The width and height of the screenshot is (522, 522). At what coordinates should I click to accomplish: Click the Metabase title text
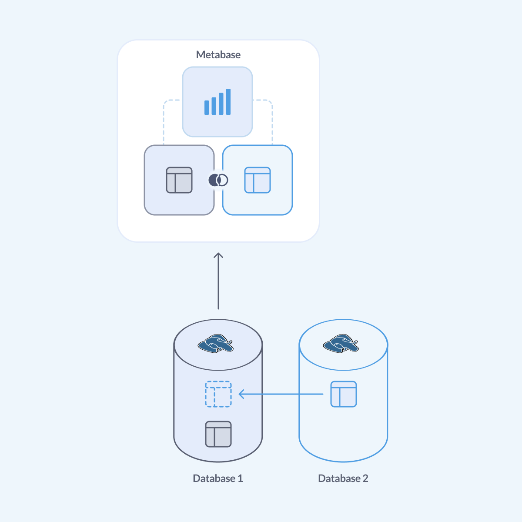coord(218,55)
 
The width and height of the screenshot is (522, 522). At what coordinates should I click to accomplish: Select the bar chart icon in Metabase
coord(217,102)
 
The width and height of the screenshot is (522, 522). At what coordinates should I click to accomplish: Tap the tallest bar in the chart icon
coord(228,102)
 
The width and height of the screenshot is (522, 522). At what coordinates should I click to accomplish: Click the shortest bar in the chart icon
coord(207,107)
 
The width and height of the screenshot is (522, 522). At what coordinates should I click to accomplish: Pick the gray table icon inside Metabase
coord(179,180)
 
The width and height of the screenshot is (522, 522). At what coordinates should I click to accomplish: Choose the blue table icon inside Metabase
coord(258,180)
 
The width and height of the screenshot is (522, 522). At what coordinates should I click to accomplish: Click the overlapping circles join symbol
coord(218,180)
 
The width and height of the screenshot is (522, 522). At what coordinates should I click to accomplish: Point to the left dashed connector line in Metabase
coord(164,122)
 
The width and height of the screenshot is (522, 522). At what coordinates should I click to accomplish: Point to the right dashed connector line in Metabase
coord(272,122)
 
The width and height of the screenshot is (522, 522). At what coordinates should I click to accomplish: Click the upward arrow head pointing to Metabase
coord(218,255)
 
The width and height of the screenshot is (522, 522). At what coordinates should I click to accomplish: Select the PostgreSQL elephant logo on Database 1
coord(215,343)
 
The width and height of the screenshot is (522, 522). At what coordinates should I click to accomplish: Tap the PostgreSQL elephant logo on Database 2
coord(341,343)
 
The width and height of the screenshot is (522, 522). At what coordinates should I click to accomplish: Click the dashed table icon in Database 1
coord(218,394)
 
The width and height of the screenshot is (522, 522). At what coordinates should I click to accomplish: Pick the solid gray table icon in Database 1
coord(218,434)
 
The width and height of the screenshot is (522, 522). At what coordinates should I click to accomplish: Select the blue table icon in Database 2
coord(344,394)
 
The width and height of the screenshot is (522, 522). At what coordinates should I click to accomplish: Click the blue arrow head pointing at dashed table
coord(241,395)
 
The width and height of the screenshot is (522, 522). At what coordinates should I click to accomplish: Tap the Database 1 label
coord(218,478)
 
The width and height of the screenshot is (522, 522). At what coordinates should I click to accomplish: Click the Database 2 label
coord(343,478)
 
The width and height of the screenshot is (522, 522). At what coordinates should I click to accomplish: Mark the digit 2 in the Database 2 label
coord(365,478)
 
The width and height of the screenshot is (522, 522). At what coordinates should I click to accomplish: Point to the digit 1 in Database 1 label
coord(240,478)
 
